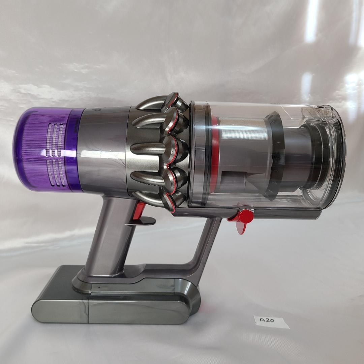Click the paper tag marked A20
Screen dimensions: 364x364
[271, 321]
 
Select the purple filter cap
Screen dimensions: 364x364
[47, 149]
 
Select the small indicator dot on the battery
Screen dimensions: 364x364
[99, 287]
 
